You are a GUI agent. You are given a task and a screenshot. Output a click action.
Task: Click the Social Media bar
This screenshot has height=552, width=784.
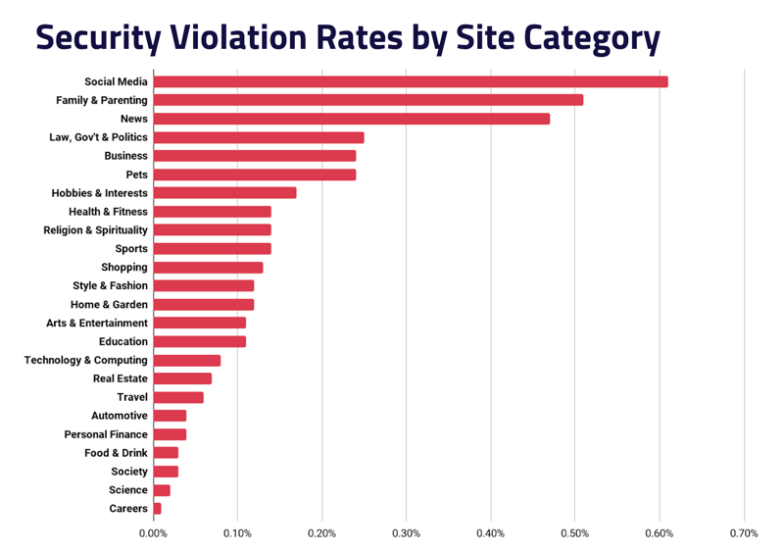click(411, 81)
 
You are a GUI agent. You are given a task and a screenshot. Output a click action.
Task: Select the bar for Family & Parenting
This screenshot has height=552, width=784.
click(368, 100)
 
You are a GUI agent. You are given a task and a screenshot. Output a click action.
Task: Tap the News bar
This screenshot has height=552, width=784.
click(352, 119)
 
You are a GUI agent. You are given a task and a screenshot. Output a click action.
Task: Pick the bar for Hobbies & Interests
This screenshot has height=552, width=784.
click(224, 193)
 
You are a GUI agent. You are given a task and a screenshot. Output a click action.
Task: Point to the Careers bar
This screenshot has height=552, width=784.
click(158, 508)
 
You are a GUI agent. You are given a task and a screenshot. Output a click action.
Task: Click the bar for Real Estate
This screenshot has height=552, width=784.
click(182, 378)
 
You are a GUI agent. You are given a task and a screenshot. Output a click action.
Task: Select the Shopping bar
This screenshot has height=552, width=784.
click(208, 267)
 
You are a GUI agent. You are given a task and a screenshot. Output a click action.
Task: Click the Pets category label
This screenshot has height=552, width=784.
click(136, 175)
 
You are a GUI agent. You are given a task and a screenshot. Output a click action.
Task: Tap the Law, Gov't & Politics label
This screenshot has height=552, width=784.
click(98, 137)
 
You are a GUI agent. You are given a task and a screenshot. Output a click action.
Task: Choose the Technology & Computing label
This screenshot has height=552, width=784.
click(86, 360)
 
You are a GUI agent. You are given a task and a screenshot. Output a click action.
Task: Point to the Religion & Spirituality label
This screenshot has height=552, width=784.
click(95, 230)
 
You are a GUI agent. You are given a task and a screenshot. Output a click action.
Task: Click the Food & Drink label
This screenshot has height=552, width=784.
click(116, 453)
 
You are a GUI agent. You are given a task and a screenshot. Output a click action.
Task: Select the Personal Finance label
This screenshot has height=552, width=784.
click(106, 434)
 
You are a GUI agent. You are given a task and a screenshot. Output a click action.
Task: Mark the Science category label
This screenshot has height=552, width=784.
click(128, 490)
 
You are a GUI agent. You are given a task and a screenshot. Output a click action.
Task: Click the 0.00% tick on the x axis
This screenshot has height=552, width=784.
click(153, 534)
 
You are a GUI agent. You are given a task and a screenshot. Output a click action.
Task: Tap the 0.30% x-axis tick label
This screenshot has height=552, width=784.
click(406, 534)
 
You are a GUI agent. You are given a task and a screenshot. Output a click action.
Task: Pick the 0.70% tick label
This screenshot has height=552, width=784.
click(744, 534)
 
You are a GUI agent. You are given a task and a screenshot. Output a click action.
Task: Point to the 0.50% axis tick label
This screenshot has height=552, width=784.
click(574, 534)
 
